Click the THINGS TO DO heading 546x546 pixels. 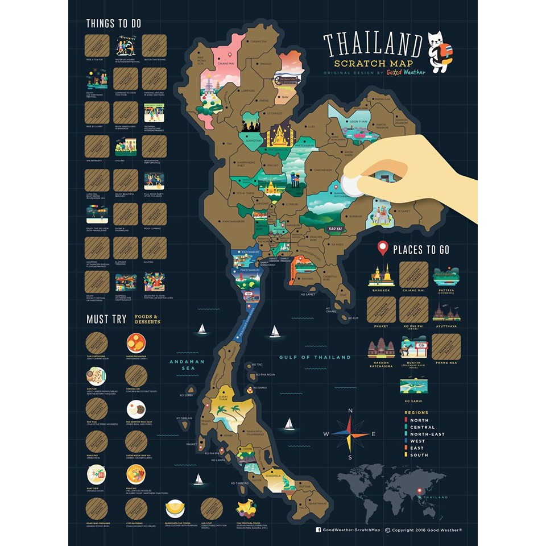click(x=114, y=24)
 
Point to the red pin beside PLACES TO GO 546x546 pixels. click(x=383, y=249)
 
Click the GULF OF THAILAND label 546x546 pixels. click(x=315, y=357)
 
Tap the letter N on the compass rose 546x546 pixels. click(x=350, y=411)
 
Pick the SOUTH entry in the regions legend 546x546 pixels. click(x=419, y=455)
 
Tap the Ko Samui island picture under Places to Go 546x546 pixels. click(x=413, y=384)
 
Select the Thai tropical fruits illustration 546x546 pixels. click(x=246, y=507)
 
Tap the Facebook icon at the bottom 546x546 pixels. click(x=318, y=530)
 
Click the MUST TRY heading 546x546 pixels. click(x=106, y=319)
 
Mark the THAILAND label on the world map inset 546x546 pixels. click(x=436, y=497)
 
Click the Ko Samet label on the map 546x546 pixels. click(x=308, y=294)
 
